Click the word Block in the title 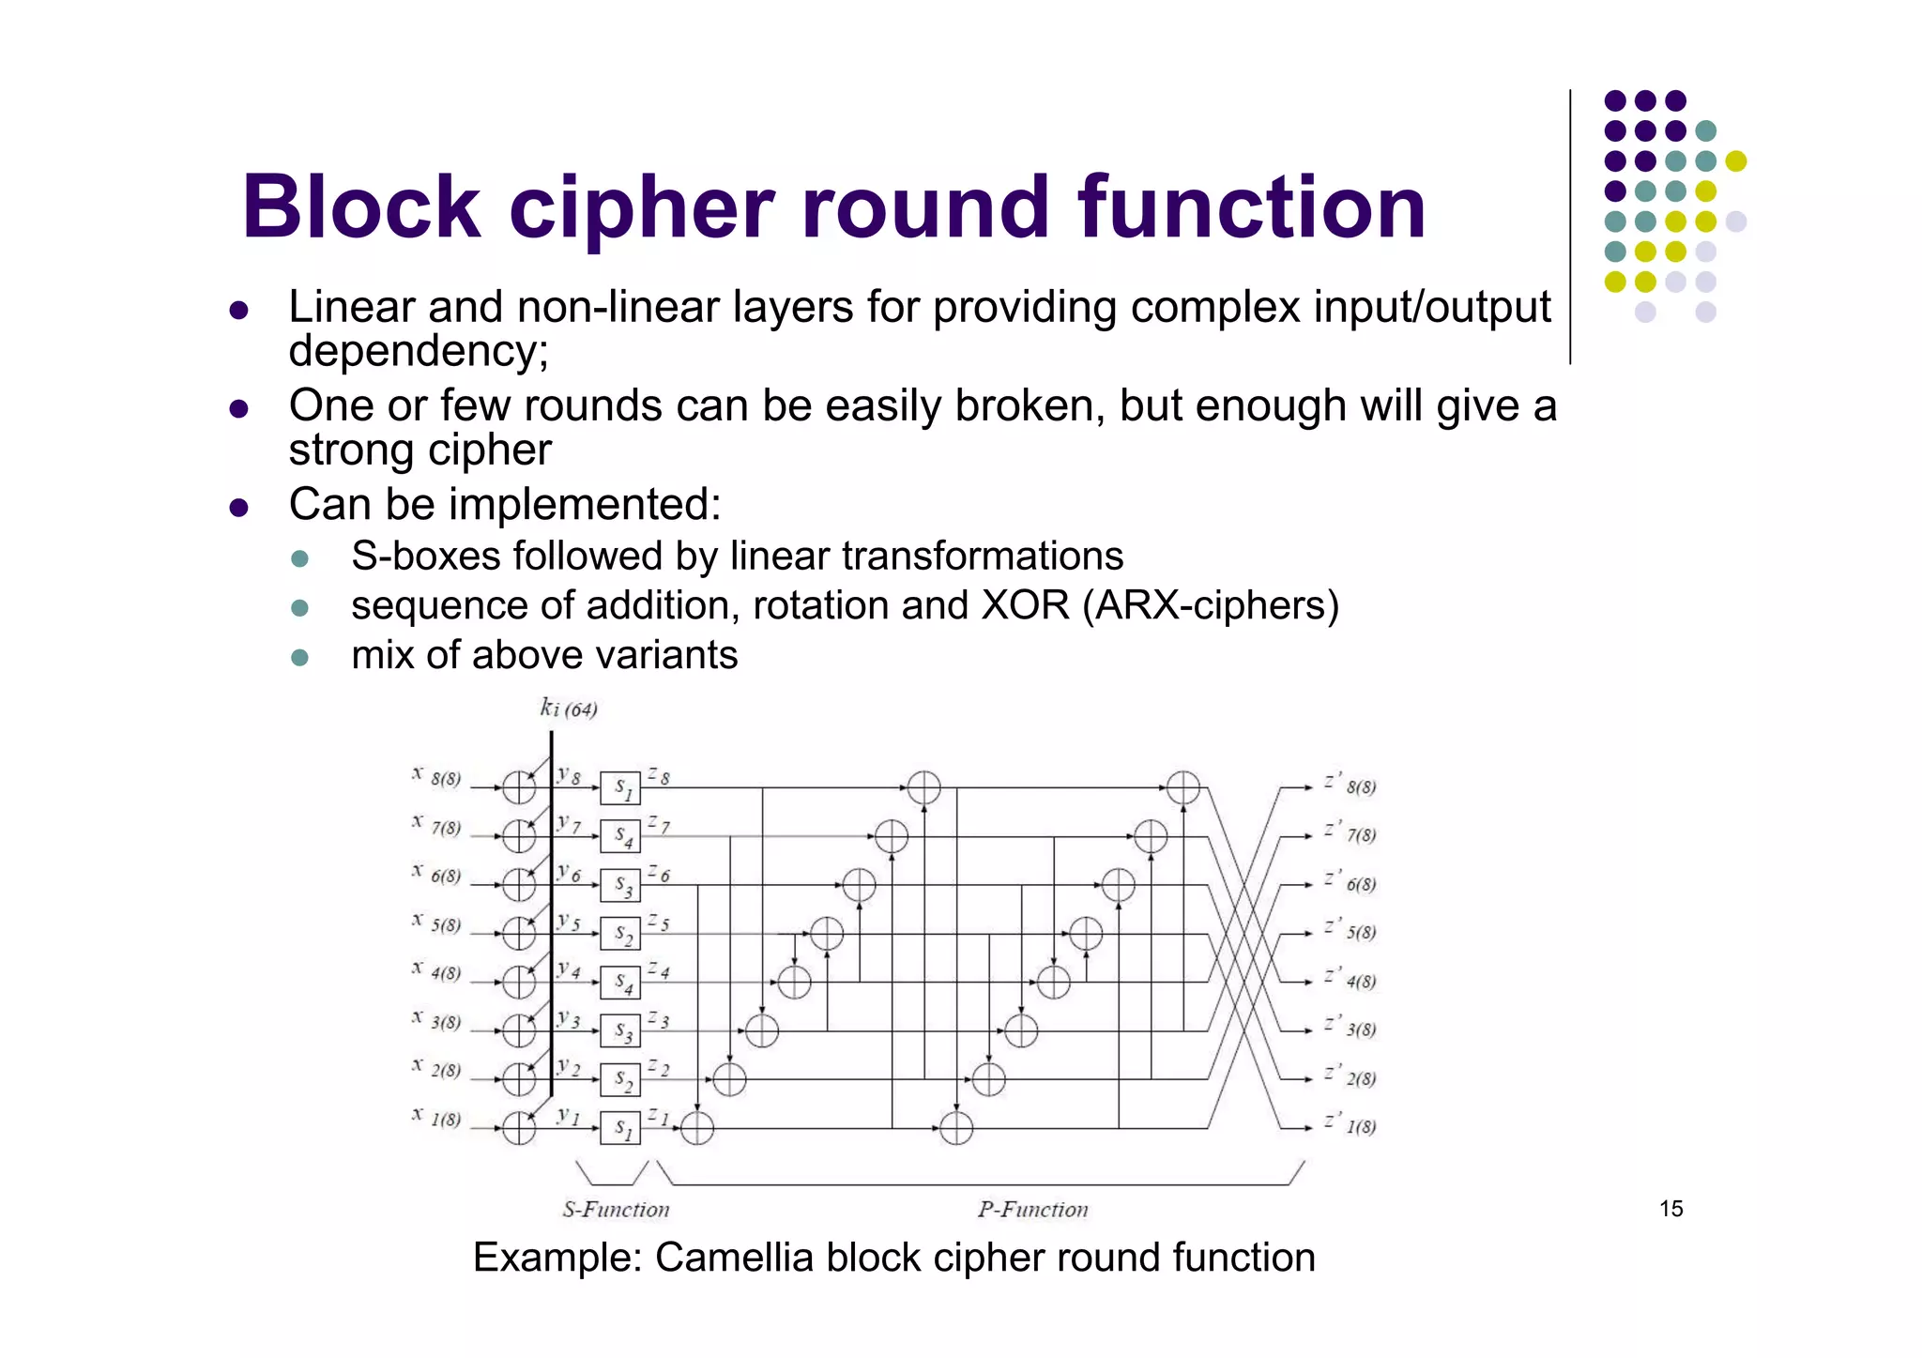click(x=361, y=207)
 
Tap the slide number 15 click(x=1670, y=1209)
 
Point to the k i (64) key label click(x=569, y=708)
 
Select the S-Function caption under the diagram click(x=616, y=1210)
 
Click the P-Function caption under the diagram click(x=1032, y=1210)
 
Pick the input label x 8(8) click(x=437, y=777)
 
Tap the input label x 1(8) click(x=437, y=1118)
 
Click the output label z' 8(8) click(x=1350, y=786)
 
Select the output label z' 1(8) click(x=1350, y=1124)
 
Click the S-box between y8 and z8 click(x=620, y=788)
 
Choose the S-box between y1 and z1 click(x=620, y=1128)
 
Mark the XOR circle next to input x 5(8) click(x=518, y=934)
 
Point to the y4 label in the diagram click(x=569, y=970)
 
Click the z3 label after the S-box click(x=659, y=1020)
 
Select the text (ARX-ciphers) click(x=1211, y=605)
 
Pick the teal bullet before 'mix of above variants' click(x=300, y=657)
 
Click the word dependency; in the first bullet click(x=419, y=352)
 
